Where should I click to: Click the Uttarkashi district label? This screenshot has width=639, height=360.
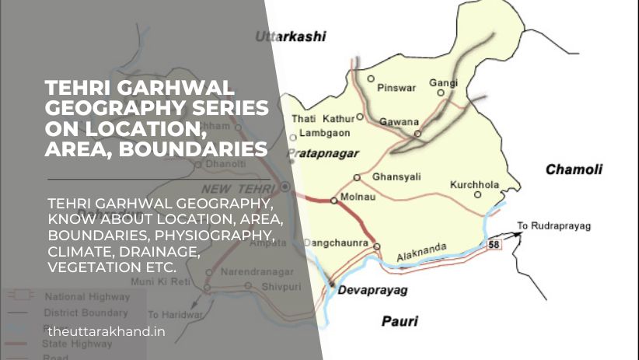[x=291, y=37]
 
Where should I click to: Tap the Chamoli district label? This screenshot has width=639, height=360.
[x=574, y=170]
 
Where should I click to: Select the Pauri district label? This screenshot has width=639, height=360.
[x=399, y=320]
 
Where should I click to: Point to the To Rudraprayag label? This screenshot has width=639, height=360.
[x=554, y=226]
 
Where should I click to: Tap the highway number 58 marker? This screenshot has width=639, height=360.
[x=494, y=245]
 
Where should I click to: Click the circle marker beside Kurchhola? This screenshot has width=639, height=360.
[x=478, y=195]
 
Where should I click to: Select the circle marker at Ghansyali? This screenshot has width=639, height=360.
[x=357, y=177]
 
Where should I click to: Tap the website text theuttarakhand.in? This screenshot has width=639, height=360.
[x=106, y=331]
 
